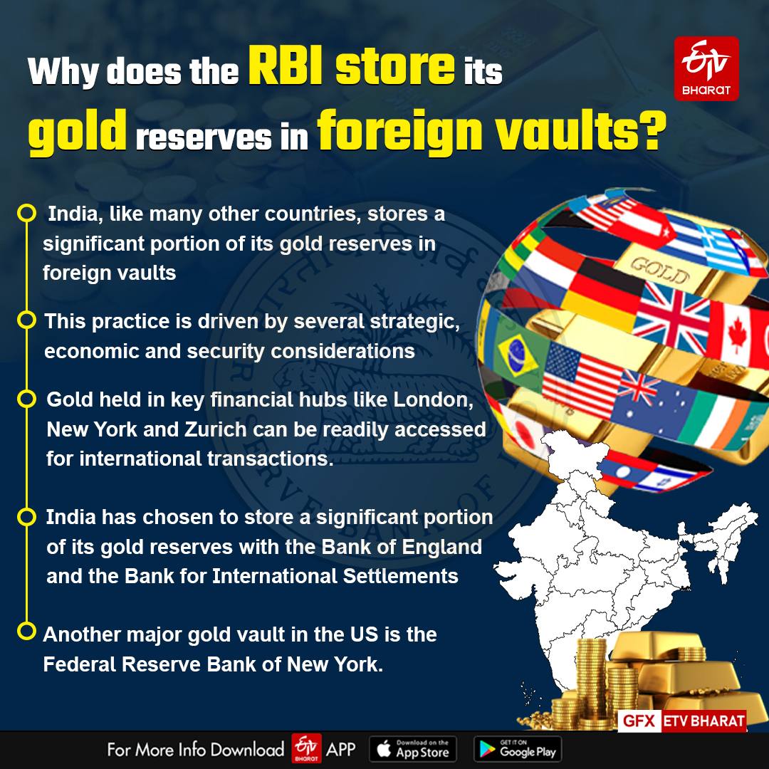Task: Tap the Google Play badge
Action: pyautogui.click(x=517, y=749)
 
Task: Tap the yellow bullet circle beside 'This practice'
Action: pyautogui.click(x=26, y=320)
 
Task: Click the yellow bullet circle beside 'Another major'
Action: pyautogui.click(x=26, y=631)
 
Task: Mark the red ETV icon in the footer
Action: pyautogui.click(x=307, y=749)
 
